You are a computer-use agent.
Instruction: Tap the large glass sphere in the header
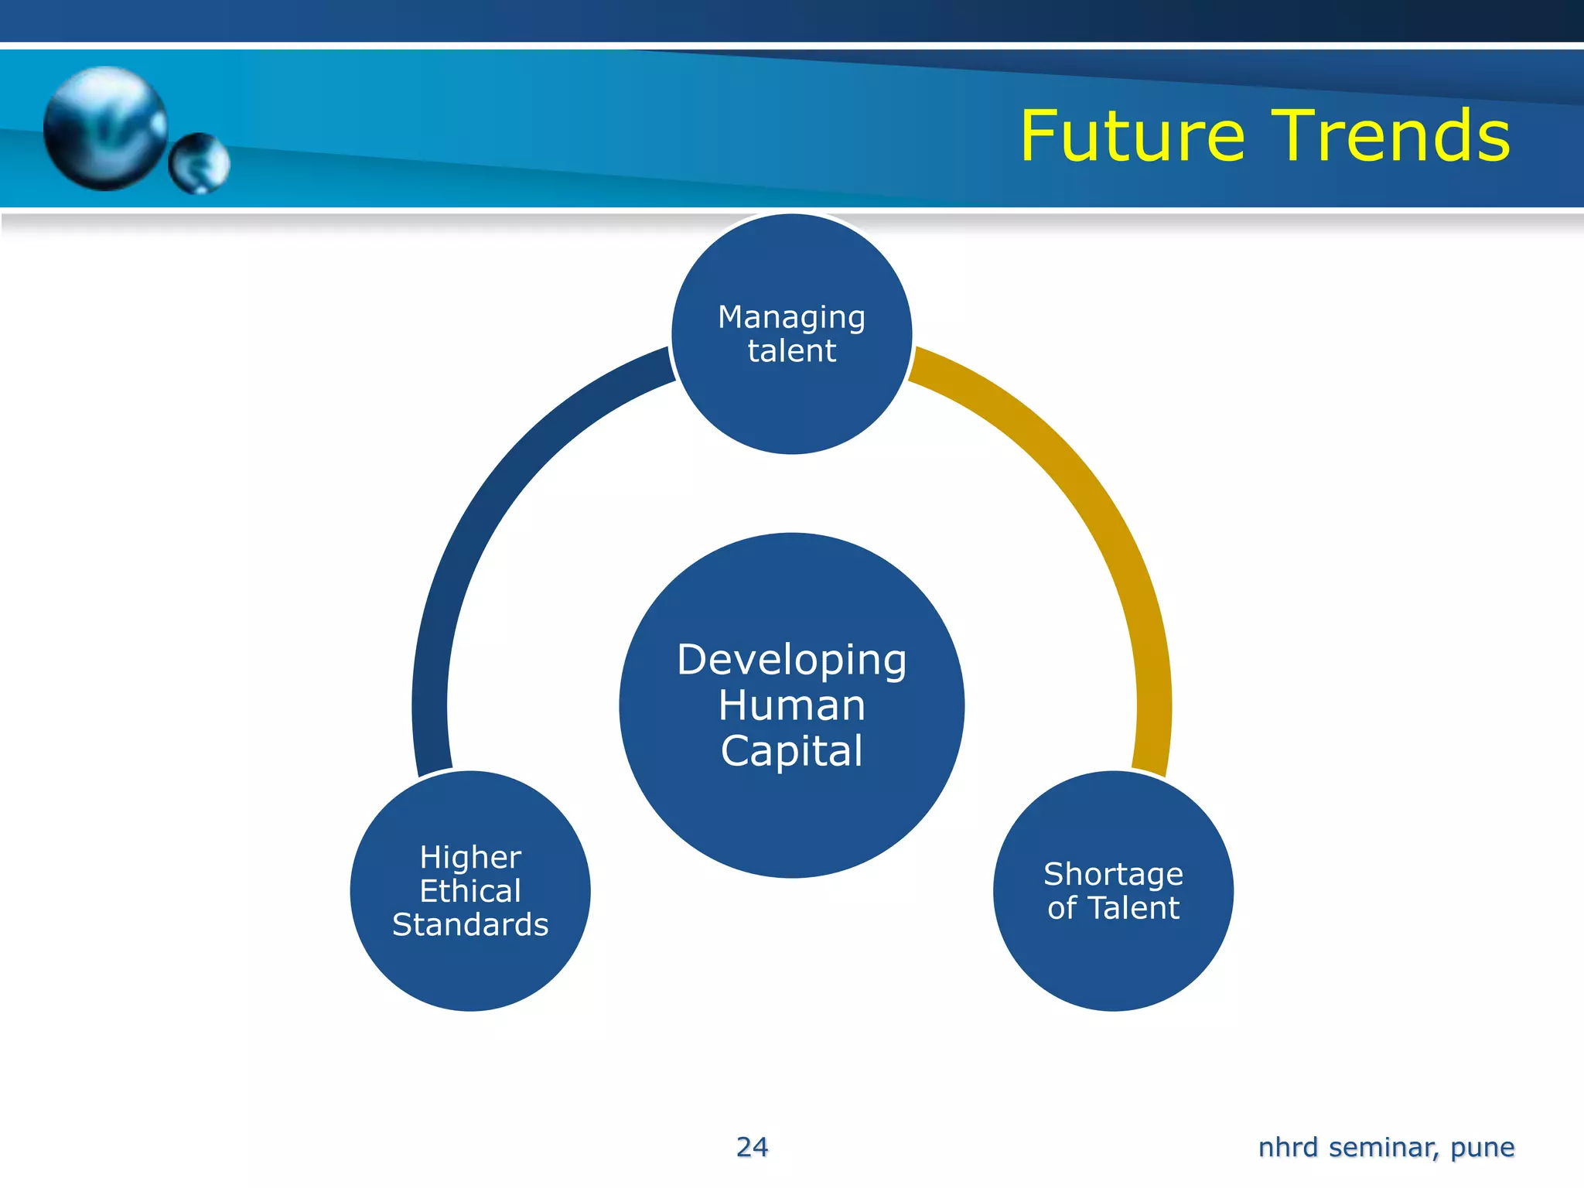105,128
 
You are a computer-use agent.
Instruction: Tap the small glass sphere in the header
199,163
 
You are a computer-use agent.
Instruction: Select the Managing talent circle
791,402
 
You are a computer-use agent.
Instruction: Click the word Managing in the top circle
791,318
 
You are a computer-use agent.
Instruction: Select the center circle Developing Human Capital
791,820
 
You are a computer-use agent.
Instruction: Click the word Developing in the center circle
791,661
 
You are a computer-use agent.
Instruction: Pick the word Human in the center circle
791,705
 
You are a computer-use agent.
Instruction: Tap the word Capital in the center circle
791,751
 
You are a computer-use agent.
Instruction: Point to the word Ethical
470,891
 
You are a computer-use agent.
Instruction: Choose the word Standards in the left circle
470,925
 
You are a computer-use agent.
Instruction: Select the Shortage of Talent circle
1113,967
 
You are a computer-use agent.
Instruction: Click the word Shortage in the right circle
1113,874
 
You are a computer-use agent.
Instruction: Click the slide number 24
752,1147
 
